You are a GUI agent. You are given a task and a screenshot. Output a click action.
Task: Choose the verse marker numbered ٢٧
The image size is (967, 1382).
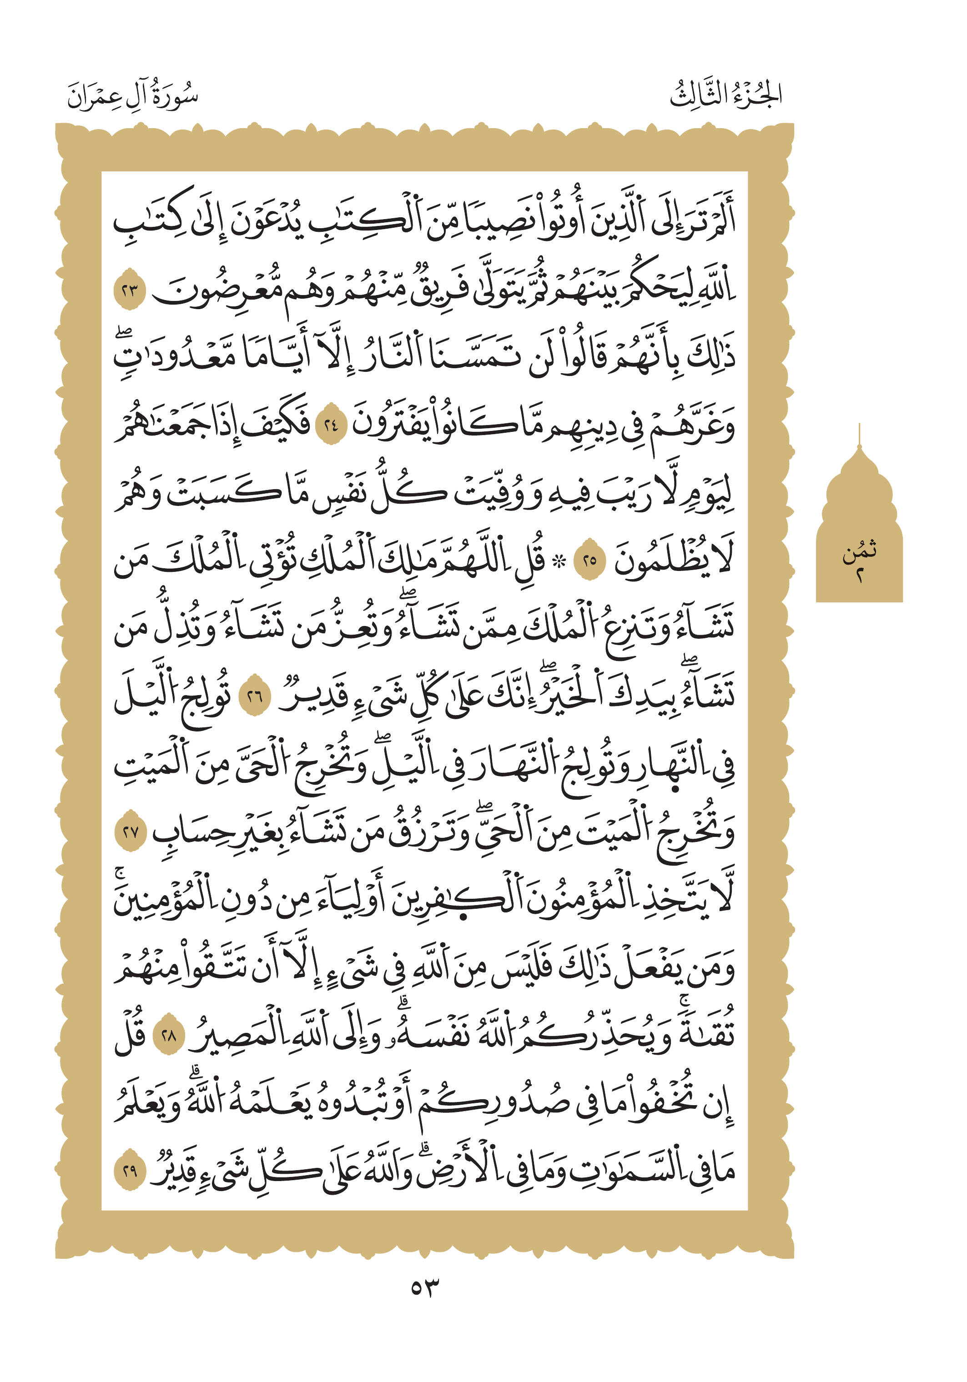tap(131, 833)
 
